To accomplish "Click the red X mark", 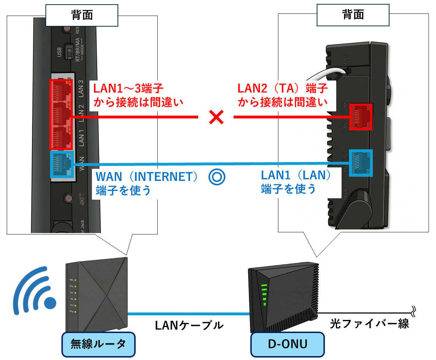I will point(216,117).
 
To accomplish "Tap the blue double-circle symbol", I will point(217,177).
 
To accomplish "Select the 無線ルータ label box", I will point(98,344).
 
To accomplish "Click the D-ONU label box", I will point(288,344).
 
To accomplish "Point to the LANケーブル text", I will point(189,325).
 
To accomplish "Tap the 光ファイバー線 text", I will point(369,323).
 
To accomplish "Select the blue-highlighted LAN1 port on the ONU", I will point(361,163).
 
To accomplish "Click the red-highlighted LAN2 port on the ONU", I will point(361,117).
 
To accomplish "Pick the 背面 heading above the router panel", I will point(82,15).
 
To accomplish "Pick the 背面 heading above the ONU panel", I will point(353,15).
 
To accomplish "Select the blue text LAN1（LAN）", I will point(296,175).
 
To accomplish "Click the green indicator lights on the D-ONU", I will point(264,294).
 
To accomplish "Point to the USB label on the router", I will point(59,52).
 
